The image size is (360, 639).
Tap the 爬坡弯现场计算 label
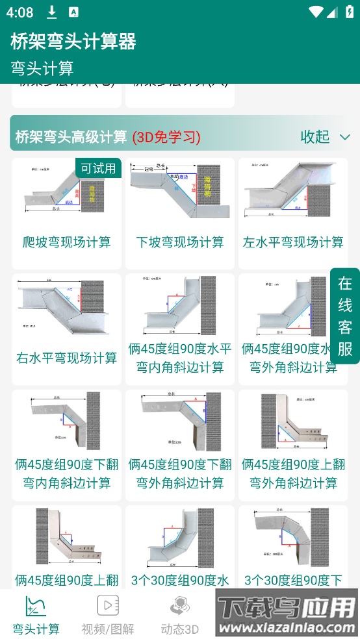click(x=66, y=242)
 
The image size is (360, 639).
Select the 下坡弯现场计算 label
click(x=180, y=242)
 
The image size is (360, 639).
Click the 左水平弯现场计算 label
click(x=293, y=242)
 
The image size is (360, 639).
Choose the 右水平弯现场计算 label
click(x=66, y=358)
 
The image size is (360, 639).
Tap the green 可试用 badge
click(x=98, y=168)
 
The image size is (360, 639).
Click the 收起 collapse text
click(x=315, y=136)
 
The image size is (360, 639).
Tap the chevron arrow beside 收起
click(x=345, y=137)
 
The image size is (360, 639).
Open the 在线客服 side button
click(x=345, y=316)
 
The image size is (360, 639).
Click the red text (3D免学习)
click(x=166, y=137)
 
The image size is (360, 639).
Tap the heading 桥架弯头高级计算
click(x=71, y=137)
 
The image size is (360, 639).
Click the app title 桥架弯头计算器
click(x=73, y=42)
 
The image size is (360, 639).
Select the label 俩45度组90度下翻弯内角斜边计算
click(x=66, y=473)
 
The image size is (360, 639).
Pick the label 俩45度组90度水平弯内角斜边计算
click(x=180, y=358)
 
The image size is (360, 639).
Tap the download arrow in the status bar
click(x=52, y=12)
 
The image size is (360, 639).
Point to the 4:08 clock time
click(x=21, y=12)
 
